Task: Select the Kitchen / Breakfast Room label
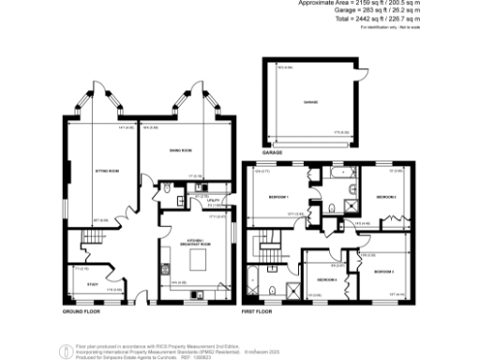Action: coord(197,242)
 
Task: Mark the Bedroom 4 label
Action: coord(326,280)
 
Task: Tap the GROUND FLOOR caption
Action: coord(81,310)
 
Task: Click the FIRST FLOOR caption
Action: coord(259,310)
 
